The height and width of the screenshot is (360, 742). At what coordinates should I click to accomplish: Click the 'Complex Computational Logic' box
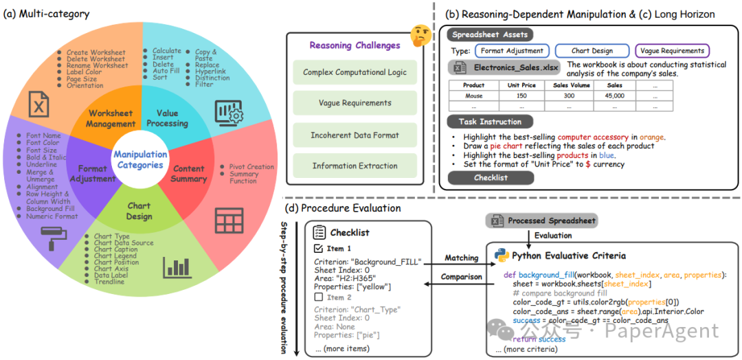[x=355, y=72]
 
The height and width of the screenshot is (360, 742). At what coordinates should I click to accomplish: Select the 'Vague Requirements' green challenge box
[x=355, y=103]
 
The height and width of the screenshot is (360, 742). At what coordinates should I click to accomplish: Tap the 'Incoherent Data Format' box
[x=355, y=135]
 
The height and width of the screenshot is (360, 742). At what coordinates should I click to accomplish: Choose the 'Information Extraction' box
[x=355, y=166]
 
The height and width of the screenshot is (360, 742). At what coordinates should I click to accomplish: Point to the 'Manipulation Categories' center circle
[x=140, y=159]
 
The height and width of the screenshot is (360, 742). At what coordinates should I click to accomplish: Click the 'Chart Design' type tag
[x=592, y=51]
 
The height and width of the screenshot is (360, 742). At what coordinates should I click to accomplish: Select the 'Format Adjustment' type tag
[x=512, y=51]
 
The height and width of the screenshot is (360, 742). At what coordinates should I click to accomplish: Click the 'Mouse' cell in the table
[x=473, y=96]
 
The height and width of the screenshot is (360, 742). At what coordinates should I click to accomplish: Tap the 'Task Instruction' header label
[x=490, y=122]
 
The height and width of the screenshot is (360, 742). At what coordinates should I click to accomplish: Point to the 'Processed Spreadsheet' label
[x=543, y=221]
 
